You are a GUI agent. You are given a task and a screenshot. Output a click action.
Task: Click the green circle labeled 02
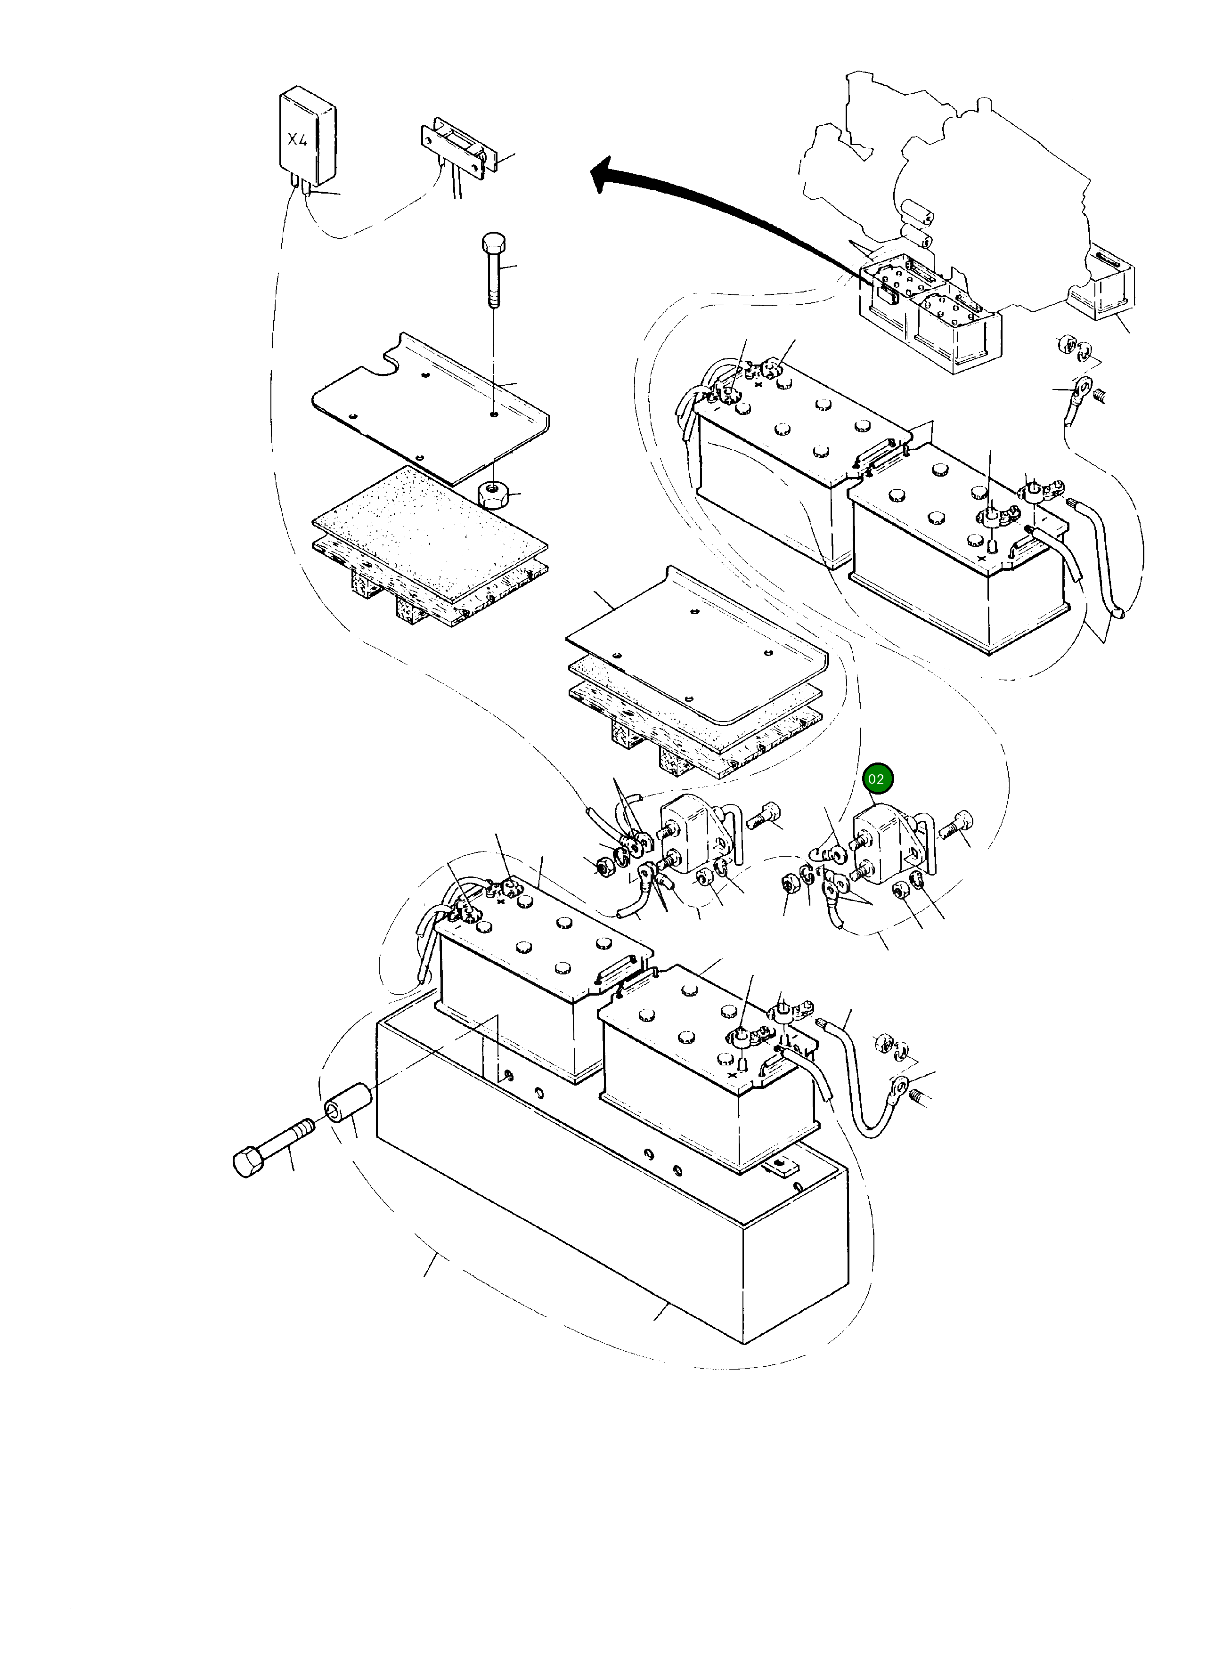[x=876, y=779]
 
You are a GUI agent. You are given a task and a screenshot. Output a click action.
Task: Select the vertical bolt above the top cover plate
[x=494, y=270]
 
